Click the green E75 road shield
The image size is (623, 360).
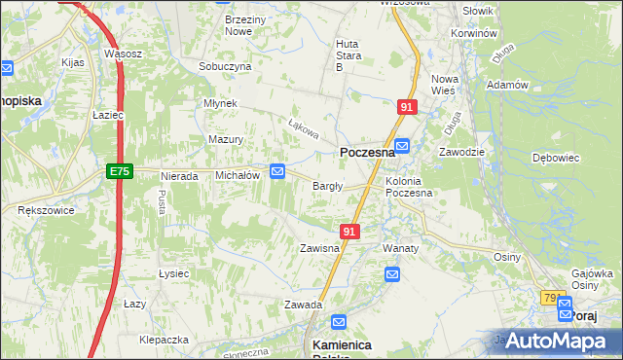click(x=118, y=171)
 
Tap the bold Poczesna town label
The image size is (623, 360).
click(x=367, y=153)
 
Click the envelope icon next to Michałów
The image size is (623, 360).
click(x=277, y=172)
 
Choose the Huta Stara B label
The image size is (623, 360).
click(x=348, y=55)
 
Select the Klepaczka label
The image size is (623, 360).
click(x=163, y=340)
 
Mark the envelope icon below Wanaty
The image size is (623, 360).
click(x=392, y=276)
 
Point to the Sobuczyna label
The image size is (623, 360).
click(x=225, y=66)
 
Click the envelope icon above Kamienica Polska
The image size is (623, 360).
click(x=339, y=322)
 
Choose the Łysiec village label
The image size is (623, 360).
click(x=172, y=273)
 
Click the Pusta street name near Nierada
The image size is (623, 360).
click(x=161, y=202)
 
